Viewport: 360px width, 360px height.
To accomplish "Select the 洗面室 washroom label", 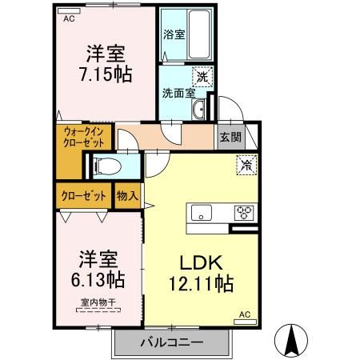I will click(176, 92).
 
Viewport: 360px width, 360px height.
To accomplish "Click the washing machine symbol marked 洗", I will click(203, 77).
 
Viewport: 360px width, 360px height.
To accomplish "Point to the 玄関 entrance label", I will click(230, 135).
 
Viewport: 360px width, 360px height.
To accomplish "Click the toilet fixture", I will click(103, 166).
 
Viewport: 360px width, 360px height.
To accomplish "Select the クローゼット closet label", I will click(84, 194).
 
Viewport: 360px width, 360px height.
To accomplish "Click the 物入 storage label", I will click(127, 194).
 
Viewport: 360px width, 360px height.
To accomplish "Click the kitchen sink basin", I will click(200, 212).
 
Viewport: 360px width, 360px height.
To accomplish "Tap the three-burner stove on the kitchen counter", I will click(243, 212).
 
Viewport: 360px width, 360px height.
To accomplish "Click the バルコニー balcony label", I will click(172, 342).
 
